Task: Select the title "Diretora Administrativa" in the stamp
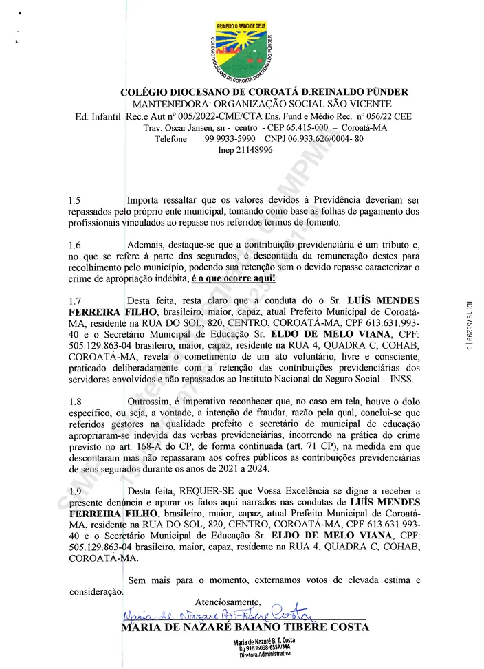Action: [264, 655]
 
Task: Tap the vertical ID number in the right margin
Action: [470, 326]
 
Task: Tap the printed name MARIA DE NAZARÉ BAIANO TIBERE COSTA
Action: [245, 627]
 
